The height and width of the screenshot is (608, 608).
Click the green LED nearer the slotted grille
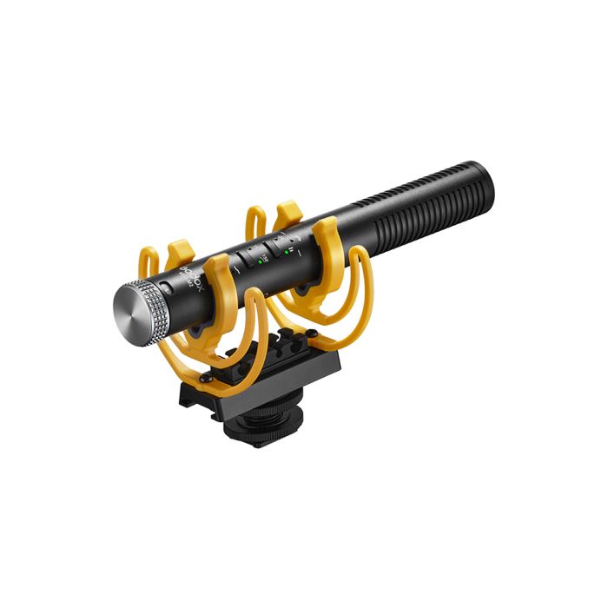[x=286, y=251]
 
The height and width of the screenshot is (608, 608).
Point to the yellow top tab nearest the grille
[x=286, y=211]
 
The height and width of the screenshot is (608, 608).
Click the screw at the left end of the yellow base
[x=203, y=379]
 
